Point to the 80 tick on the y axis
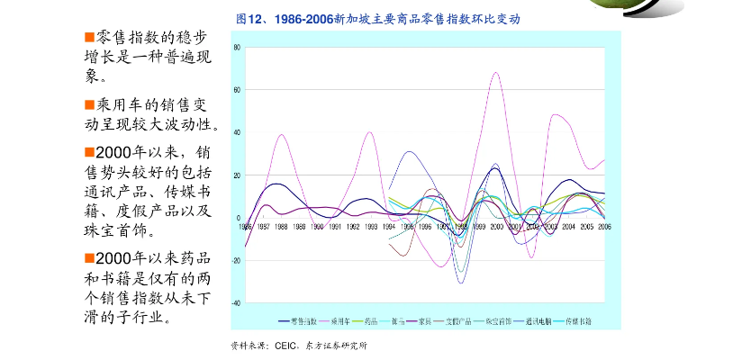click(236, 47)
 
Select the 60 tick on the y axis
click(236, 90)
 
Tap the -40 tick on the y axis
click(236, 303)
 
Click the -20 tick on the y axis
click(236, 261)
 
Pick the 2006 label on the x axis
click(603, 227)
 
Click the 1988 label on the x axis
click(281, 227)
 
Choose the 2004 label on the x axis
click(568, 227)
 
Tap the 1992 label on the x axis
click(353, 227)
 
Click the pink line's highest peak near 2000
click(496, 73)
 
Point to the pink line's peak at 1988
click(282, 135)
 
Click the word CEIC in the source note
click(285, 345)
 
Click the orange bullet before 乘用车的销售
click(89, 105)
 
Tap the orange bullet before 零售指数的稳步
click(89, 38)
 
